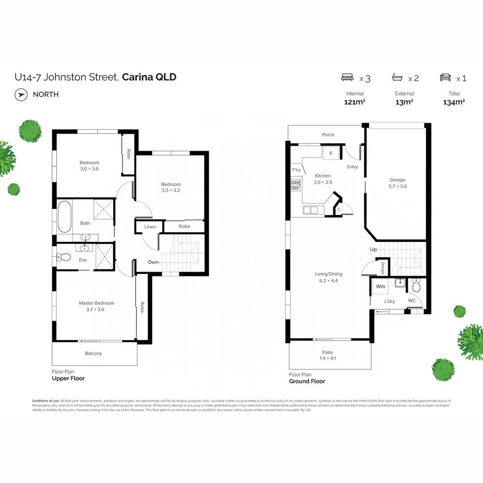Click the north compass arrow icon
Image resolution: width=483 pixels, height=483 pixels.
coord(21,94)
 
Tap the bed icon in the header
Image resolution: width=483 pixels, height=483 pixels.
coord(347,78)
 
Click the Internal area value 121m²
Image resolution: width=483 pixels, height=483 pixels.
coord(355,102)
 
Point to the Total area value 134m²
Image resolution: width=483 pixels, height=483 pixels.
coord(454,102)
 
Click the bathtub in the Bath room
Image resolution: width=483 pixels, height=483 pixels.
coord(64,217)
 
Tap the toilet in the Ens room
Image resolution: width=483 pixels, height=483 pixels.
coord(64,257)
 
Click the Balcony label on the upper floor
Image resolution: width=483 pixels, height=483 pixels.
coord(93,353)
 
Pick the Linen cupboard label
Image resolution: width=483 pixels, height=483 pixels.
coord(150,227)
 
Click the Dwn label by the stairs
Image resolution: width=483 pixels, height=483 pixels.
coord(153,262)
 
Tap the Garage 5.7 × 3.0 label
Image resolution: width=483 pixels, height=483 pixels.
coord(397,183)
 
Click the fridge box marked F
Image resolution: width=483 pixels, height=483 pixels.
coord(331,153)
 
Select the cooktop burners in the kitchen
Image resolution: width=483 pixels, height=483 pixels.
coord(296,185)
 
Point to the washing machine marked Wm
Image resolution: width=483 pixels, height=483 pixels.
coord(380,286)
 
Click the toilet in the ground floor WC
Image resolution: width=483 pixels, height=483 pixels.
coord(416,285)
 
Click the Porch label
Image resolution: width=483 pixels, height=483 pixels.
coord(328,135)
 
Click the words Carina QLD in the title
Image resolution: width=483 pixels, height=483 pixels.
coord(149,77)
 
